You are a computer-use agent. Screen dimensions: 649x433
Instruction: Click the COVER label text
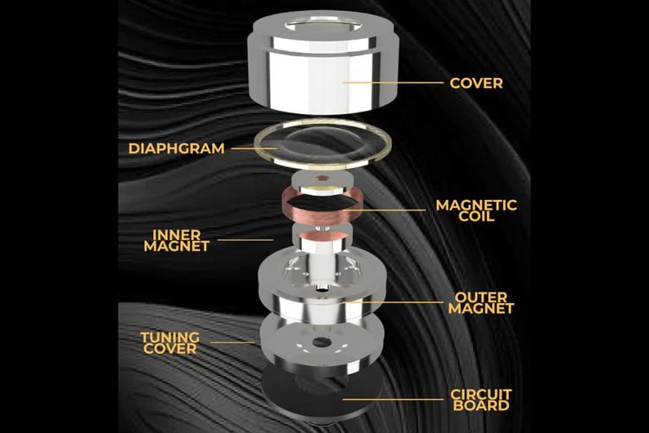(476, 83)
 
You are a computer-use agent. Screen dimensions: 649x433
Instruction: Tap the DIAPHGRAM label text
(177, 148)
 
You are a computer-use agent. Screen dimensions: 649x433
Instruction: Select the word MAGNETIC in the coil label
(477, 205)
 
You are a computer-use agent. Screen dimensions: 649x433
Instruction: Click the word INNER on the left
(177, 235)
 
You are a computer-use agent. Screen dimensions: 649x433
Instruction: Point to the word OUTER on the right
(480, 297)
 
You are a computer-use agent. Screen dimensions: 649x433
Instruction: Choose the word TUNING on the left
(170, 337)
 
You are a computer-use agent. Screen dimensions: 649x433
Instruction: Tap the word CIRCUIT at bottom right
(481, 394)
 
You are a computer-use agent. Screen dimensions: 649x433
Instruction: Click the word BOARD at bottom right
(481, 405)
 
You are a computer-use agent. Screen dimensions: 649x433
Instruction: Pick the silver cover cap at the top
(324, 62)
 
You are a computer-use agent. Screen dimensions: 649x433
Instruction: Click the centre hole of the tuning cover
(320, 342)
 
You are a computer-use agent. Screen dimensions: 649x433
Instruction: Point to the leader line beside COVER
(393, 82)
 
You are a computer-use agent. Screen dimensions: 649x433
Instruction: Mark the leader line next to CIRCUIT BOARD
(393, 399)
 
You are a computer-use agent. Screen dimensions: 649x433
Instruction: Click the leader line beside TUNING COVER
(232, 342)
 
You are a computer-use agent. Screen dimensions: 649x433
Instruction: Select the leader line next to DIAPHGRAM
(254, 148)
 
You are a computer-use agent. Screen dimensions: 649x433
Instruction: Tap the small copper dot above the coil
(321, 178)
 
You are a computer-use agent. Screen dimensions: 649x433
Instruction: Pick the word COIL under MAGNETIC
(477, 216)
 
